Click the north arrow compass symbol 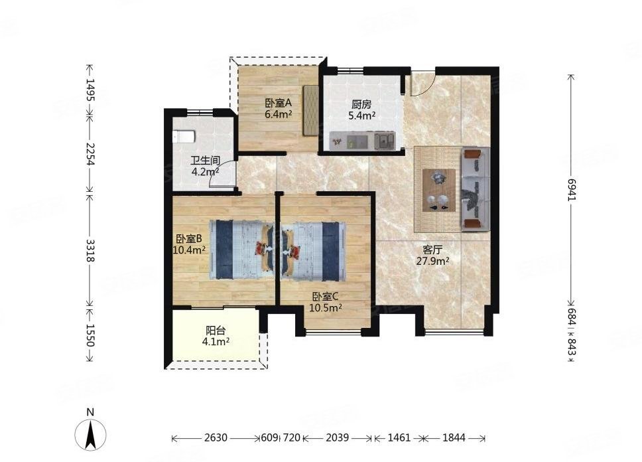point(90,433)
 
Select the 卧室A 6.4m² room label point(278,109)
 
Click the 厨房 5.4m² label point(362,111)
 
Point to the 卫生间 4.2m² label point(206,165)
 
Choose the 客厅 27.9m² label point(433,255)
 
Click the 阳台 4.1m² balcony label point(216,336)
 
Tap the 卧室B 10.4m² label point(189,244)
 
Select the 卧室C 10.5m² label point(326,302)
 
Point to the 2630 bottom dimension point(216,438)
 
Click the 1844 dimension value point(454,438)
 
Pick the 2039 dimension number point(338,438)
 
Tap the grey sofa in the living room point(476,189)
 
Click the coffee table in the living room point(439,191)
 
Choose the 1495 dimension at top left point(90,90)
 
